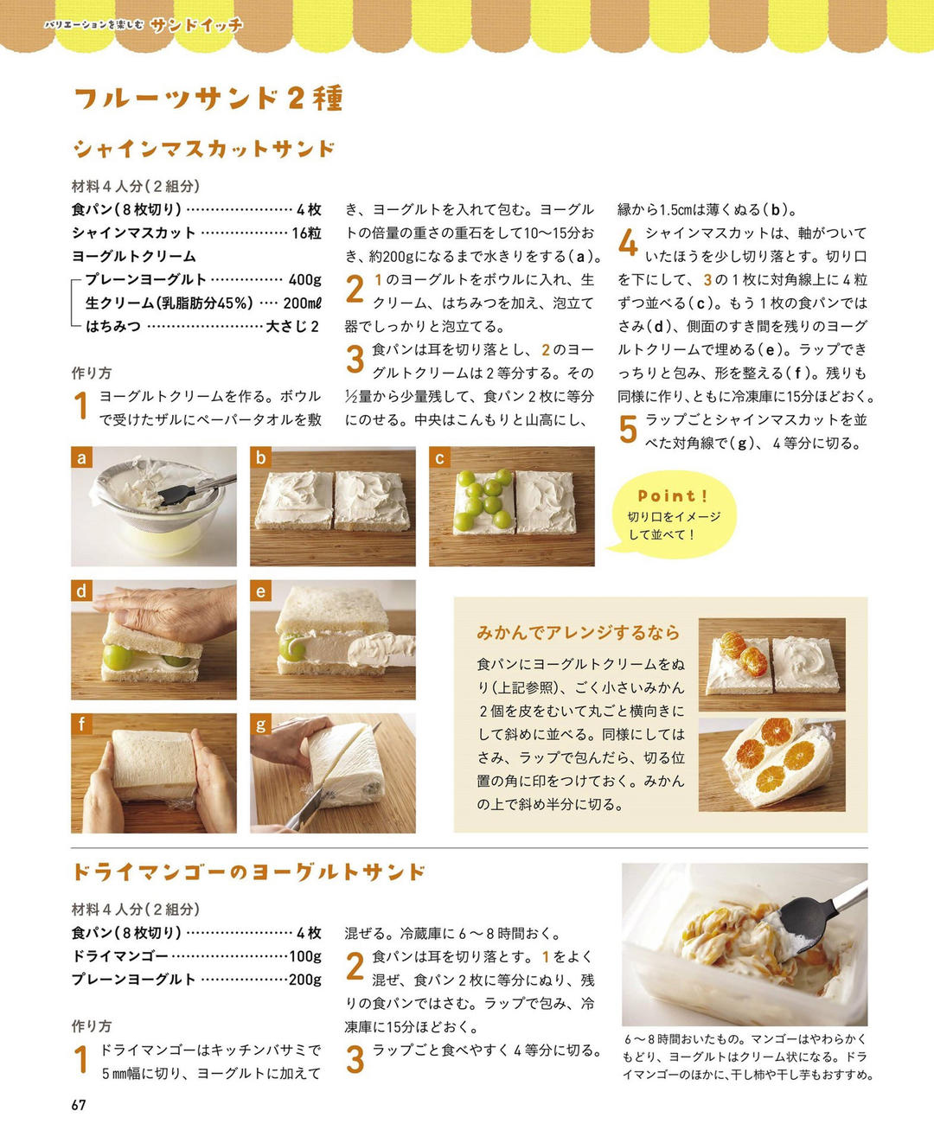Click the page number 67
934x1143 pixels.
click(79, 1104)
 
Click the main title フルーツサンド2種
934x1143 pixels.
click(208, 99)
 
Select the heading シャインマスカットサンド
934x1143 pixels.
click(204, 149)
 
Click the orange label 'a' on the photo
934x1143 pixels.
click(81, 457)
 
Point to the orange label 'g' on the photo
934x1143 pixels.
click(260, 724)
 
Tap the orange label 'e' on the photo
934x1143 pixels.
click(260, 591)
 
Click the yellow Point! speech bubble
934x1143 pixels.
click(674, 514)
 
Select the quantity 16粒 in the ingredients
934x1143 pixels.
click(306, 233)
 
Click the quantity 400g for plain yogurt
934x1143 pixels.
click(304, 279)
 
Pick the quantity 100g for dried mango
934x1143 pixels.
click(305, 956)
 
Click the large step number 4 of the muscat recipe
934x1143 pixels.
click(628, 242)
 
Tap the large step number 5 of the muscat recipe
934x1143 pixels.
click(628, 429)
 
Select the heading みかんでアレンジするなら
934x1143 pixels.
click(578, 633)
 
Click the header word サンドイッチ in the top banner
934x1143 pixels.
click(197, 25)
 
